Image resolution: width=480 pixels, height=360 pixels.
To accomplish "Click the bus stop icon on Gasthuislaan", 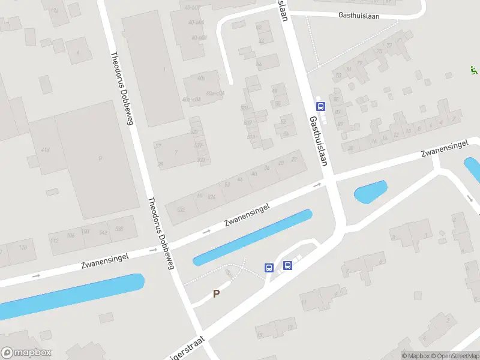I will coord(320,107).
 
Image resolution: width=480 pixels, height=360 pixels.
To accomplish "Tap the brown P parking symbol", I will coord(217,293).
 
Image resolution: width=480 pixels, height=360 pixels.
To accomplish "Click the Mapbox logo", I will coord(26,352).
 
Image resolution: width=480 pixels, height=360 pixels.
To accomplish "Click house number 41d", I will coord(45,150).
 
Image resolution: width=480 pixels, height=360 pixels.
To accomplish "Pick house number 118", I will coord(23,247).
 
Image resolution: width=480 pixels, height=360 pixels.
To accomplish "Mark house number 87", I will coord(338,112).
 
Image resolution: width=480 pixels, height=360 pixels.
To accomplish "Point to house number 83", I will coord(338,76).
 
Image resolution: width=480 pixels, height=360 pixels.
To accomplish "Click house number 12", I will coord(395,135).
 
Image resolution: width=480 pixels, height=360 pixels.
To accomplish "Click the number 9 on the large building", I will coord(100,158).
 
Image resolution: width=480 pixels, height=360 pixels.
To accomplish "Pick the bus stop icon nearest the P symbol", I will coord(269,268).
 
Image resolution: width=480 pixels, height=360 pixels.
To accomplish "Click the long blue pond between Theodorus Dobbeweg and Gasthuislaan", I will coord(253,237).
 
